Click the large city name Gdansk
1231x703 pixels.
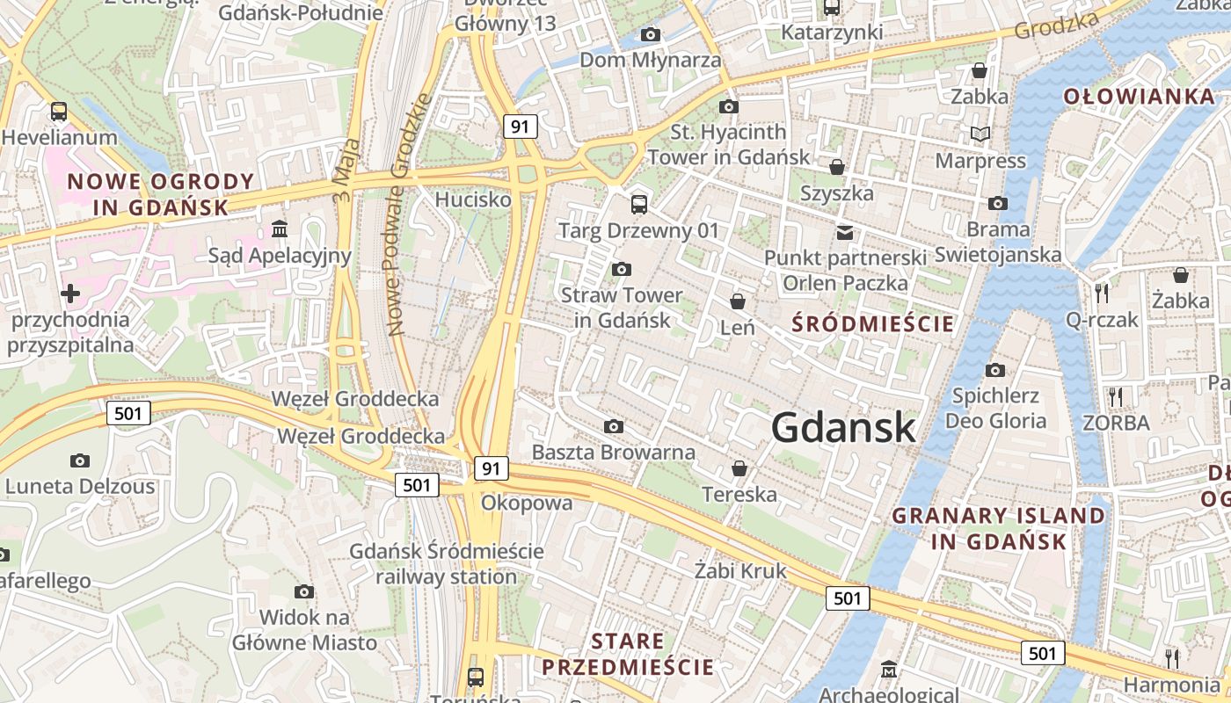(843, 428)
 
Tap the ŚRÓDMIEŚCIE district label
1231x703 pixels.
(872, 323)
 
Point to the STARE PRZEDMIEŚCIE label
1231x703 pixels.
(628, 654)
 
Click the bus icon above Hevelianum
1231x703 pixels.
(59, 112)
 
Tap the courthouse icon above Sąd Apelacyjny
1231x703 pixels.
(280, 229)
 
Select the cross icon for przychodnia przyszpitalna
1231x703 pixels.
(70, 294)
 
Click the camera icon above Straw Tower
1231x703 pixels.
(622, 269)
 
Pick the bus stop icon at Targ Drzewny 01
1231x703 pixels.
(639, 205)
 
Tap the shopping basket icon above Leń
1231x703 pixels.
(738, 301)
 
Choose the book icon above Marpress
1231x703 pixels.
(980, 134)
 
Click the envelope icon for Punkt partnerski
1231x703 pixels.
(845, 233)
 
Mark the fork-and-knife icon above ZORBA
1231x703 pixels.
(1116, 396)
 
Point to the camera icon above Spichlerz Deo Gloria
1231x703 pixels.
(995, 370)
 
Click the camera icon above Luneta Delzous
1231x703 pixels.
(80, 460)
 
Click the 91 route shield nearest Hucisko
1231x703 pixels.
(521, 127)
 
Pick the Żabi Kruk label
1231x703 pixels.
(740, 571)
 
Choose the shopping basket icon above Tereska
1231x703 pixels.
(739, 467)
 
